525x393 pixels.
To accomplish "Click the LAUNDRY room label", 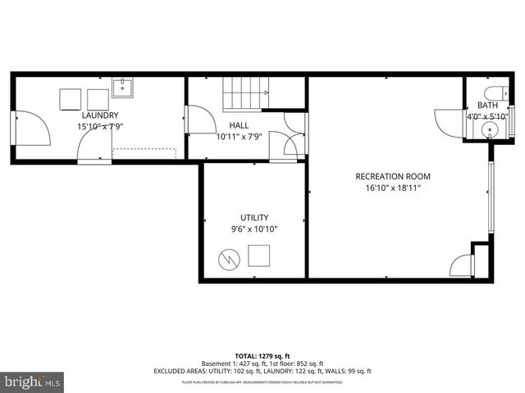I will pos(98,115).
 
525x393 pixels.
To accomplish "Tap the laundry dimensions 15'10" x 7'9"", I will pos(98,127).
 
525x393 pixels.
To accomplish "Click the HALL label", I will pos(239,125).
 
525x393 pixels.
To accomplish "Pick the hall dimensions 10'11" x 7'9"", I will pos(239,137).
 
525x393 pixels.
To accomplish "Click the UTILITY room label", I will pos(254,218).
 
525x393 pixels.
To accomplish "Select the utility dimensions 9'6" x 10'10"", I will pos(254,229).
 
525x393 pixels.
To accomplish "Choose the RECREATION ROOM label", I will pos(392,177).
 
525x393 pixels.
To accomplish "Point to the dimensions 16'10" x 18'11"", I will pos(392,188).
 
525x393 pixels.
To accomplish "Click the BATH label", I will pos(487,105).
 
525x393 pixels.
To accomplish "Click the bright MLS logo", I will pos(33,382).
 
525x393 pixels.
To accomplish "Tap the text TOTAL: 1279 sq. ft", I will pos(262,356).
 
